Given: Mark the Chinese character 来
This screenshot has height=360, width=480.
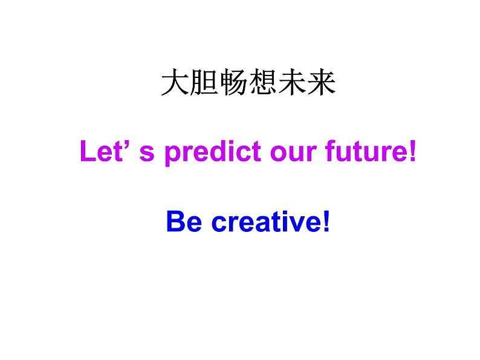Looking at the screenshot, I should [321, 84].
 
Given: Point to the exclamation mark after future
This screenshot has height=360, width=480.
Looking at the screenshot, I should [413, 153].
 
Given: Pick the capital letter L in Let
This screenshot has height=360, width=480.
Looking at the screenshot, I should [87, 153].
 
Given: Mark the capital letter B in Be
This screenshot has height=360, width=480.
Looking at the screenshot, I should [176, 222].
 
